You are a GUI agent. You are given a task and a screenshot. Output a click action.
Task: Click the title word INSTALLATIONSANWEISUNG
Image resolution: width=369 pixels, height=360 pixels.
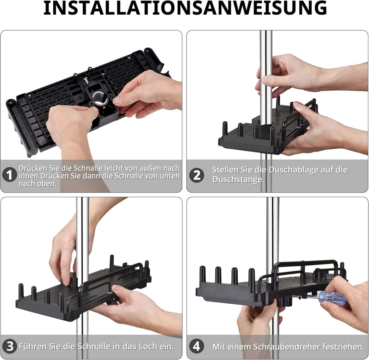coord(185,9)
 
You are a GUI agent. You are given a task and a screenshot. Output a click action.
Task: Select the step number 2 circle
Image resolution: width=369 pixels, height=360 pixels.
coord(197,175)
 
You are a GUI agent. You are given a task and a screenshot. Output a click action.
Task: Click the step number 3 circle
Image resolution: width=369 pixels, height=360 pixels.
coord(10,346)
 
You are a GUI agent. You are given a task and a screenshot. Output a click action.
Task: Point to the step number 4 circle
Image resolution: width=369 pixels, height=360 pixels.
coord(196,346)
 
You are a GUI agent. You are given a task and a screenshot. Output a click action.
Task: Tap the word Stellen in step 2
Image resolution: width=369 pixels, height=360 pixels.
coord(224,170)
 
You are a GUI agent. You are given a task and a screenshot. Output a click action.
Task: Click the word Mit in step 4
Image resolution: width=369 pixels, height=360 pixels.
coord(219,347)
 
